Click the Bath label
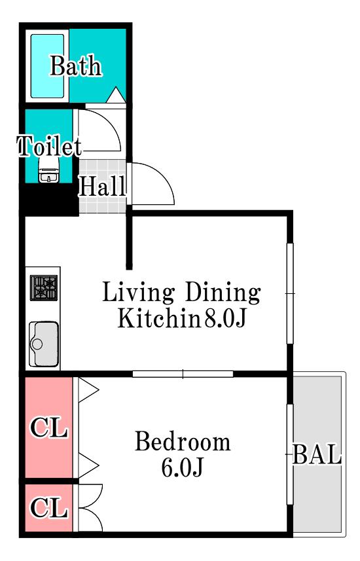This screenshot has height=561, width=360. click(75, 65)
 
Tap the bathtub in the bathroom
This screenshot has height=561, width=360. click(47, 66)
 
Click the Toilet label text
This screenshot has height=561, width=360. click(49, 146)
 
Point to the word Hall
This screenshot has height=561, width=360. click(103, 186)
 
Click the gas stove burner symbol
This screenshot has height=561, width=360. click(44, 287)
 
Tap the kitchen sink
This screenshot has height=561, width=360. click(44, 344)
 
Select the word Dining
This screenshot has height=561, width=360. click(223, 293)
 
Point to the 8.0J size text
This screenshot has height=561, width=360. click(225, 318)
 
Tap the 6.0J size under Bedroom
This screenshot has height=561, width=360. click(182, 467)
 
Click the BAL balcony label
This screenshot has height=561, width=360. click(317, 454)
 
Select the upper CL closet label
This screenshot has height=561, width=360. click(49, 427)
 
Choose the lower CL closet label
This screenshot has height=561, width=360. click(49, 507)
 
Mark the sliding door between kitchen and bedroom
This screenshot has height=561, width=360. click(183, 374)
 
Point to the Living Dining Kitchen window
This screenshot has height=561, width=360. click(290, 294)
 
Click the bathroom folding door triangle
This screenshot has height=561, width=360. click(116, 95)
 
